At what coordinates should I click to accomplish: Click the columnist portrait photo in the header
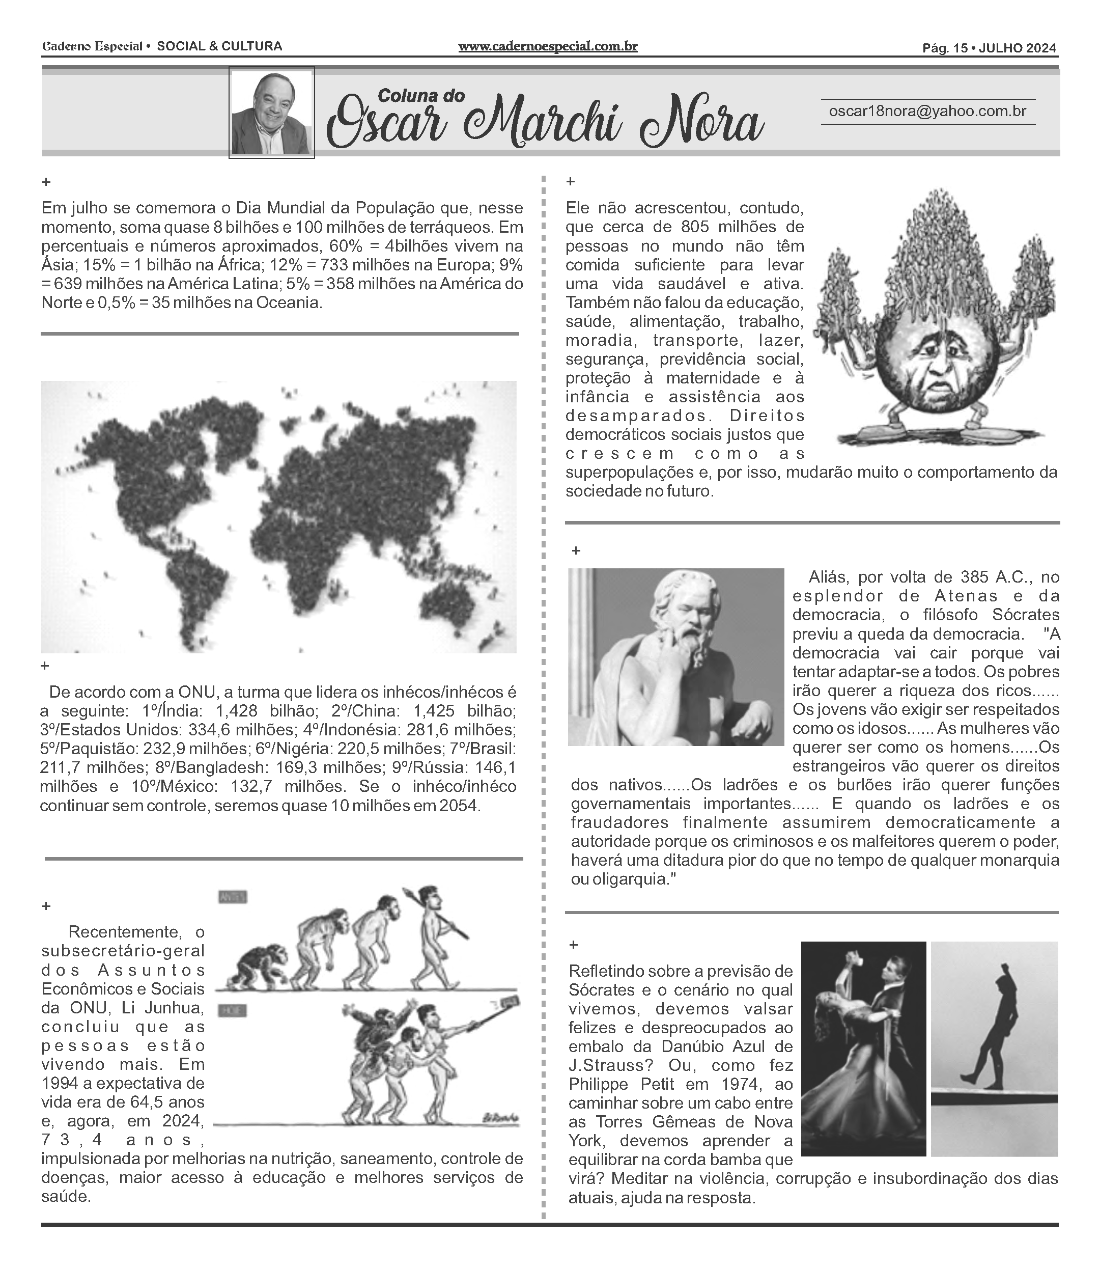(271, 113)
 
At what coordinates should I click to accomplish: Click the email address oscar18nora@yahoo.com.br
(927, 111)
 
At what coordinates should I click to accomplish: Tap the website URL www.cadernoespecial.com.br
(548, 46)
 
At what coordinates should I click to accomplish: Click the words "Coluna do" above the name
(421, 95)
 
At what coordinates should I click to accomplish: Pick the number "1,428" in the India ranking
(235, 711)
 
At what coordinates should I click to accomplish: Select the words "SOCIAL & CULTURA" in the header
(220, 46)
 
